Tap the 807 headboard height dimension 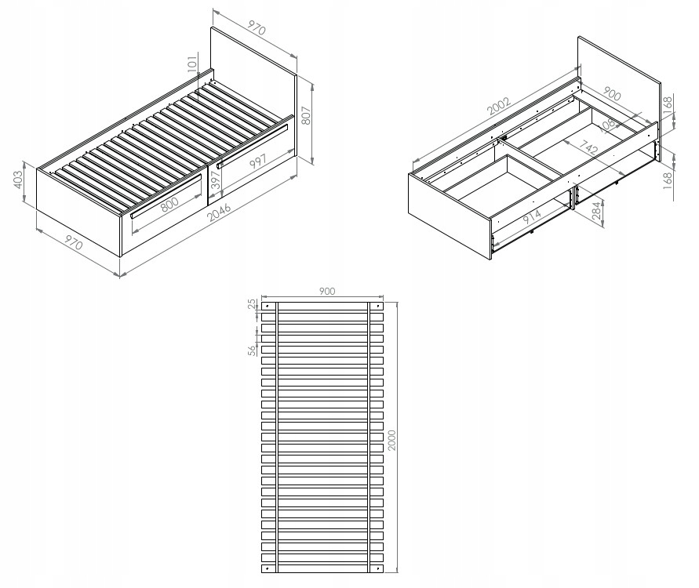pos(306,115)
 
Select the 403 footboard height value pos(18,180)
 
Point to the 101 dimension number pos(192,64)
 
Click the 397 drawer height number pos(217,180)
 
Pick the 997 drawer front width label pos(257,161)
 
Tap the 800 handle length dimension pos(169,204)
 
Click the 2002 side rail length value pos(498,106)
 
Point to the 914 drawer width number pos(531,216)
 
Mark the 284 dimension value pos(596,211)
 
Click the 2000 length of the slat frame pos(391,440)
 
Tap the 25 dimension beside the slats pos(253,303)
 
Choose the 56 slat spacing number pos(253,350)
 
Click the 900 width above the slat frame pos(327,291)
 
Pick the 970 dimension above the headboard pos(256,27)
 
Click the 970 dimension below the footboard pos(74,242)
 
